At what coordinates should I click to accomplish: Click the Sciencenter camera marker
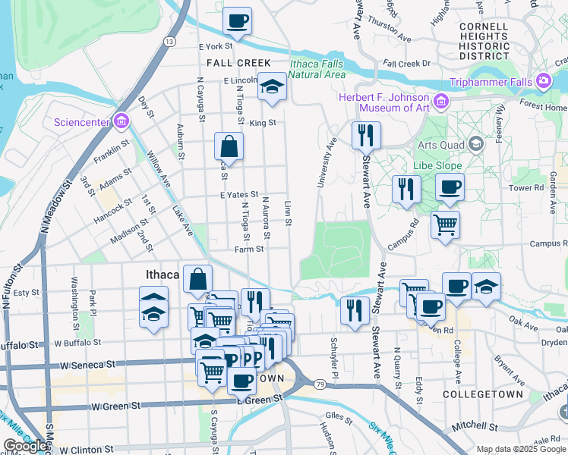click(x=121, y=121)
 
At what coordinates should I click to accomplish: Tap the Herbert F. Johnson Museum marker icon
click(x=440, y=100)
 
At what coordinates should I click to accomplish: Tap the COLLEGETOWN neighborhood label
click(x=493, y=394)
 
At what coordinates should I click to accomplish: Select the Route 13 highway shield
click(x=169, y=41)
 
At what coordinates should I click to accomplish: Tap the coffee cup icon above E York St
click(x=238, y=20)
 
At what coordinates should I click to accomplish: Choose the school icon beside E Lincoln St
click(x=271, y=87)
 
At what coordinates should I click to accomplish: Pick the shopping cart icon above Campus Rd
click(x=445, y=224)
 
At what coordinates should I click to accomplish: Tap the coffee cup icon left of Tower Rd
click(x=450, y=187)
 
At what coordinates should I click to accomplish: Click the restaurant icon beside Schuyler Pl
click(x=355, y=310)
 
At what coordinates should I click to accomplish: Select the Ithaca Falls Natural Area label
click(x=317, y=69)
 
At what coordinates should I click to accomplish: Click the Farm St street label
click(x=248, y=248)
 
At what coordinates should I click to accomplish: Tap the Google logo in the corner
click(x=25, y=446)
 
